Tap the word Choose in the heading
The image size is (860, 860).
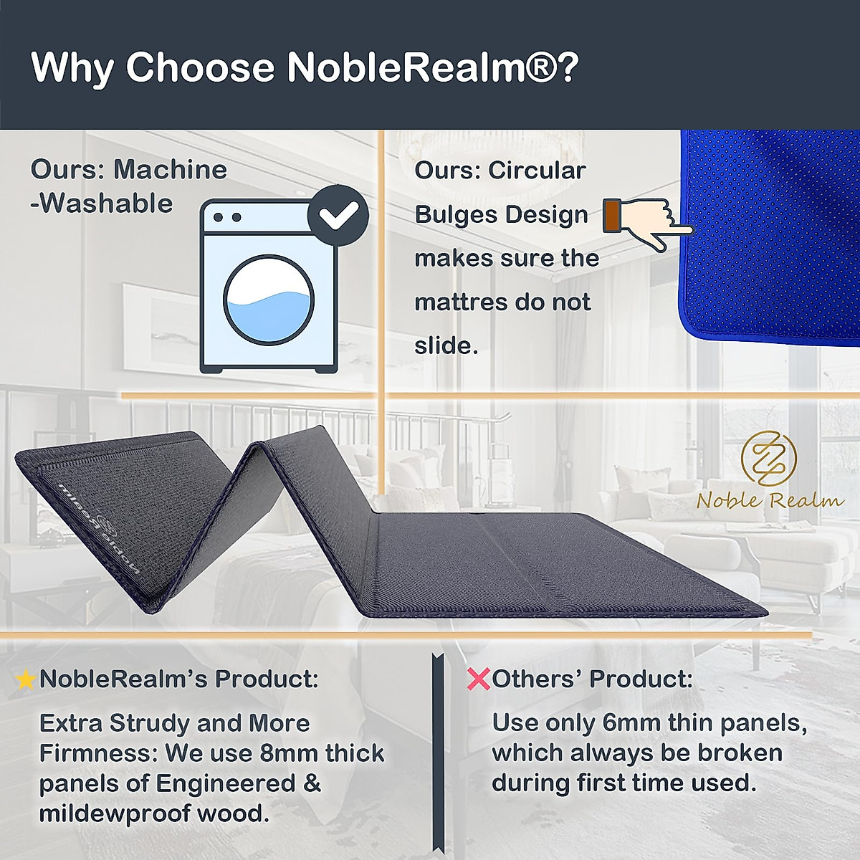point(200,67)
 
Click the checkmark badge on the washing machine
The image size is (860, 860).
point(338,216)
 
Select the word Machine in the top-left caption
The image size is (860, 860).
point(170,170)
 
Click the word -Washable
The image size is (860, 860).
point(102,204)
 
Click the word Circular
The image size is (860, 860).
point(537,171)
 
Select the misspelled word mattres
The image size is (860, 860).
point(459,302)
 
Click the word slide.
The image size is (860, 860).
point(446,345)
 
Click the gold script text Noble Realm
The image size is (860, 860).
point(770,500)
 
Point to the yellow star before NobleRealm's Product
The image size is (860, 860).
point(26,679)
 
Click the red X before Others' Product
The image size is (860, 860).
point(478,679)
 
